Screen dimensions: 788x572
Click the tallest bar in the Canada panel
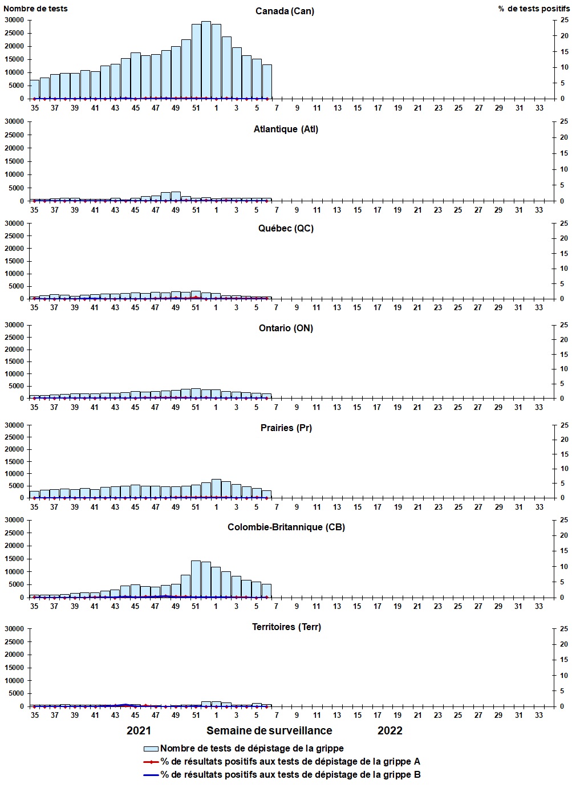pyautogui.click(x=206, y=60)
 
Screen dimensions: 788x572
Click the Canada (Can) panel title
pyautogui.click(x=285, y=11)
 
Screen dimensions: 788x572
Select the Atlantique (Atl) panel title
pyautogui.click(x=286, y=129)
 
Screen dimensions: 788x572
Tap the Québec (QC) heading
pyautogui.click(x=286, y=229)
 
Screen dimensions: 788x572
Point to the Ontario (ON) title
pyautogui.click(x=286, y=328)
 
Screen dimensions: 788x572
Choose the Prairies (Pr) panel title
pyautogui.click(x=286, y=428)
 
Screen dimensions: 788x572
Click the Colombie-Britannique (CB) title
pyautogui.click(x=286, y=527)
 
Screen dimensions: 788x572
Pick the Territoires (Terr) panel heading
pyautogui.click(x=286, y=627)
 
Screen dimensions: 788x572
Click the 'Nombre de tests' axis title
pyautogui.click(x=35, y=9)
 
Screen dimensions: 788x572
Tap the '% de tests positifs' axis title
pyautogui.click(x=533, y=9)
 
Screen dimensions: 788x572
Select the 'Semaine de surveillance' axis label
pyautogui.click(x=269, y=731)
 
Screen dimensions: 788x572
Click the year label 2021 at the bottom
pyautogui.click(x=139, y=731)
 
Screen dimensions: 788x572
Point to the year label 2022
pyautogui.click(x=390, y=731)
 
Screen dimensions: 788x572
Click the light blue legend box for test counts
pyautogui.click(x=151, y=749)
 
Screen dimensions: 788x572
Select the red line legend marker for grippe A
pyautogui.click(x=151, y=762)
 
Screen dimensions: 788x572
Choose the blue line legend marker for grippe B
pyautogui.click(x=151, y=775)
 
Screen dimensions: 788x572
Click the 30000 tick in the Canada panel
pyautogui.click(x=14, y=20)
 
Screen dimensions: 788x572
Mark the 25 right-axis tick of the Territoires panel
pyautogui.click(x=563, y=629)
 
